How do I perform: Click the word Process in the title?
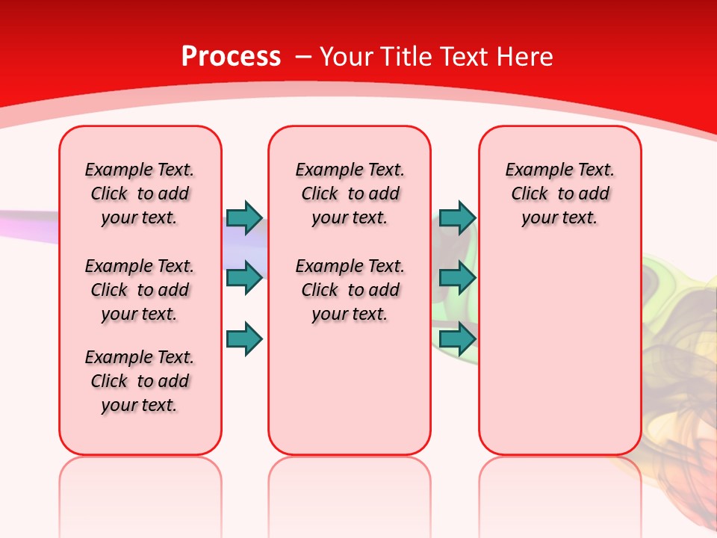click(x=231, y=57)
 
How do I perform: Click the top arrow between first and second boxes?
click(x=243, y=217)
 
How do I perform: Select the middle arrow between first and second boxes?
click(x=243, y=278)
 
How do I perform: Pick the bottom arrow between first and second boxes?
click(x=243, y=339)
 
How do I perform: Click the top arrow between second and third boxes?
click(x=457, y=217)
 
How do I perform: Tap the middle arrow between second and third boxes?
click(x=457, y=278)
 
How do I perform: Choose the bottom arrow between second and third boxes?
click(x=457, y=339)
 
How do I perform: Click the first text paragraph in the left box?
click(x=140, y=194)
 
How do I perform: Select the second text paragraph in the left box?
click(x=140, y=290)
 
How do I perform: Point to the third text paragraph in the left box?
click(x=140, y=381)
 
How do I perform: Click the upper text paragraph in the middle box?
click(x=350, y=194)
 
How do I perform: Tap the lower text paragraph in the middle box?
click(x=350, y=290)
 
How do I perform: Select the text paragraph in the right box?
click(x=559, y=194)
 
